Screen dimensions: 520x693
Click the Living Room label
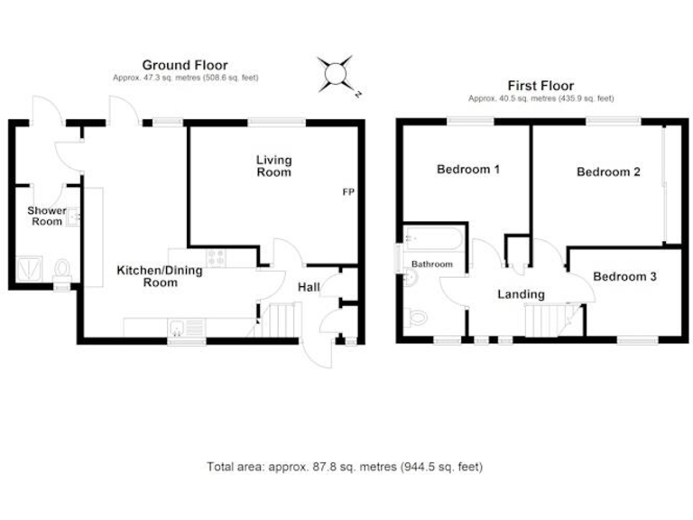273,166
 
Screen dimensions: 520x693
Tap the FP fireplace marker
347,192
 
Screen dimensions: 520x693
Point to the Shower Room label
44,216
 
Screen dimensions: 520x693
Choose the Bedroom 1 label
468,170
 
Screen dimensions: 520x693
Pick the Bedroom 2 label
608,172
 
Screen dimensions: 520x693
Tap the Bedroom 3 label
624,277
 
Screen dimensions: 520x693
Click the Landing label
521,294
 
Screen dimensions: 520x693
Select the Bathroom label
431,265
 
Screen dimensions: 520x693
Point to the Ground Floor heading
185,65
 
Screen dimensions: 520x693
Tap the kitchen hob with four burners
217,258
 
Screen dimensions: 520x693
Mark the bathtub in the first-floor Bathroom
434,239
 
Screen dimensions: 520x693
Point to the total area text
345,467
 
